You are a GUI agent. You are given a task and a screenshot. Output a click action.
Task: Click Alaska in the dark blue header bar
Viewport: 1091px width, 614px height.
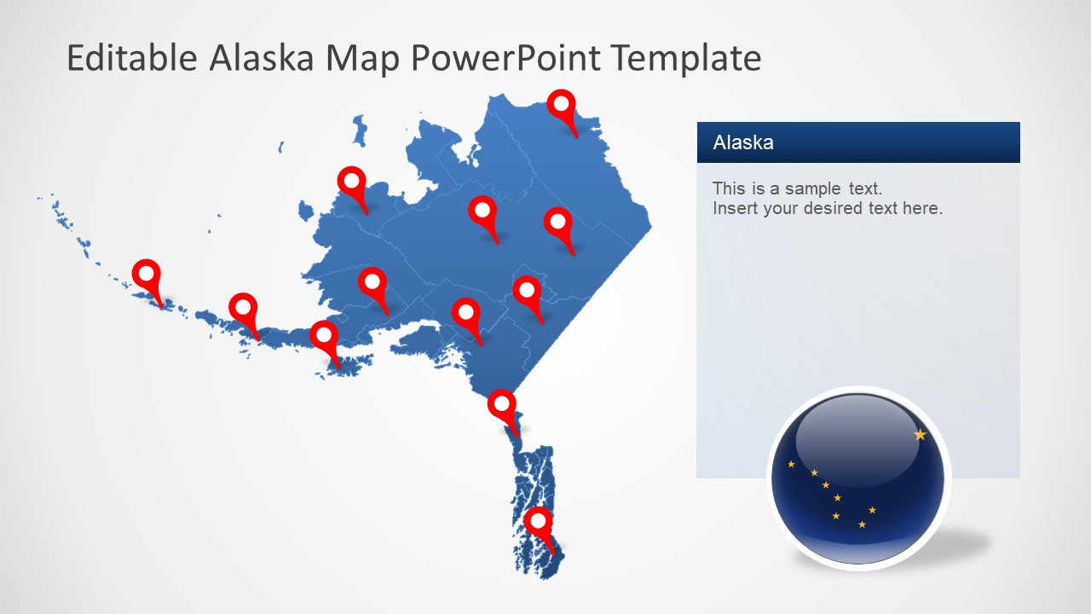click(x=743, y=142)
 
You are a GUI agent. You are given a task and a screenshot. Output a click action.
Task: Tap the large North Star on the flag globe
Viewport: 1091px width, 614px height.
click(x=920, y=435)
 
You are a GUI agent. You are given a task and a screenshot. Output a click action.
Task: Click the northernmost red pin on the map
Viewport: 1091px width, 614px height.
click(x=561, y=105)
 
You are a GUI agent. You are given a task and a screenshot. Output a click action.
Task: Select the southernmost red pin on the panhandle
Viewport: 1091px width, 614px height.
click(x=538, y=521)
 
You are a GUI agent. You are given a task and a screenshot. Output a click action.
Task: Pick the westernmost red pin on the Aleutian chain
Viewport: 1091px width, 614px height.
click(x=147, y=275)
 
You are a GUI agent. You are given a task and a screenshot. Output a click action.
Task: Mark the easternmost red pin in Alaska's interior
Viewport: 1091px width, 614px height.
click(x=557, y=223)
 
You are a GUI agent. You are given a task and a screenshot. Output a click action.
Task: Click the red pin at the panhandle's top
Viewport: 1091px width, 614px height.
click(x=502, y=404)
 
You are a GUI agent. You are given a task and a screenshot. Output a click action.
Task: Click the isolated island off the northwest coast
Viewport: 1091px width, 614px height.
click(x=360, y=130)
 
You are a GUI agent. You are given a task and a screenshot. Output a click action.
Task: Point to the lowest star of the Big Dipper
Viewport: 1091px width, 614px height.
click(x=862, y=524)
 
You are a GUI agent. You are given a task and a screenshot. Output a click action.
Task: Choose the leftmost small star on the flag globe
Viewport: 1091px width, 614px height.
click(x=791, y=464)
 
